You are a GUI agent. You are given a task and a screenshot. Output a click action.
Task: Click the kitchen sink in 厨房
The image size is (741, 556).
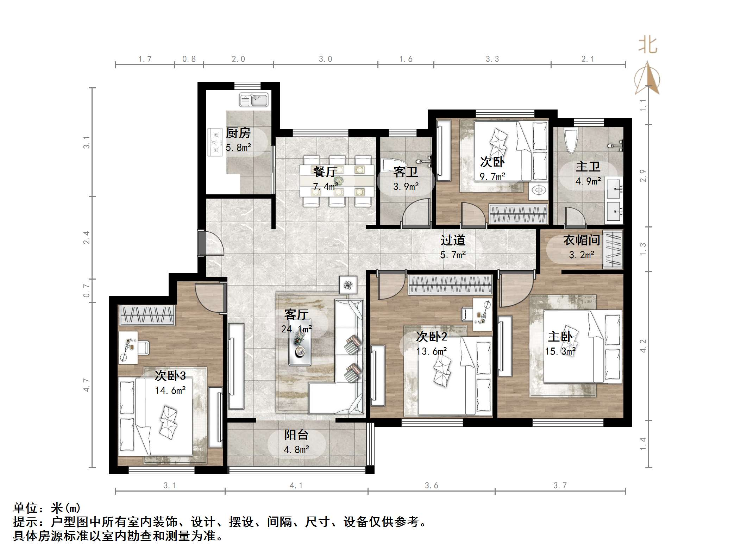[253, 100]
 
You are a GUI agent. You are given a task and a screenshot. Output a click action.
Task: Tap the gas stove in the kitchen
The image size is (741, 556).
[215, 142]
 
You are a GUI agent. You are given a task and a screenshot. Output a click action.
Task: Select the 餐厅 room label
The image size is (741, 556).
[325, 172]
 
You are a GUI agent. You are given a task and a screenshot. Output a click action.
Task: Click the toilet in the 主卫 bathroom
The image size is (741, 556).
[570, 140]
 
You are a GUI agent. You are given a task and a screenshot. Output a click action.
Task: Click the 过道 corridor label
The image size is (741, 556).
[453, 240]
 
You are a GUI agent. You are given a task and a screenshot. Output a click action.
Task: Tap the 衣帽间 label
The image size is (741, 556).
[582, 240]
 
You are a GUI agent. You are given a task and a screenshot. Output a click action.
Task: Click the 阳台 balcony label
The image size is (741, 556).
[296, 435]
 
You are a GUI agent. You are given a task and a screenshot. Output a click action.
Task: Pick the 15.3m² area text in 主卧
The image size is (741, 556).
[560, 351]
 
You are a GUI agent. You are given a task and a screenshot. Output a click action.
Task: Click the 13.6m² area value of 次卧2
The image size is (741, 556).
[432, 351]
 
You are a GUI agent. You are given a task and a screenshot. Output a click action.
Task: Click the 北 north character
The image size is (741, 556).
[648, 45]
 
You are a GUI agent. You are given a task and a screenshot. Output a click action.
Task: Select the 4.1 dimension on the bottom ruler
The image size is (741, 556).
[296, 486]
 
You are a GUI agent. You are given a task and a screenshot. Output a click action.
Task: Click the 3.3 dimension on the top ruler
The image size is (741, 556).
[492, 59]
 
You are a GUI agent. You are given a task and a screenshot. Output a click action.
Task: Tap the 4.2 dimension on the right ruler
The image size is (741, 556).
[643, 346]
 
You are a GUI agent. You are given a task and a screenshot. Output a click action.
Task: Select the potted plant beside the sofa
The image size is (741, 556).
[348, 285]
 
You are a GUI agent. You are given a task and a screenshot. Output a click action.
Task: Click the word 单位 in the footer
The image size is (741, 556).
[25, 508]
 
